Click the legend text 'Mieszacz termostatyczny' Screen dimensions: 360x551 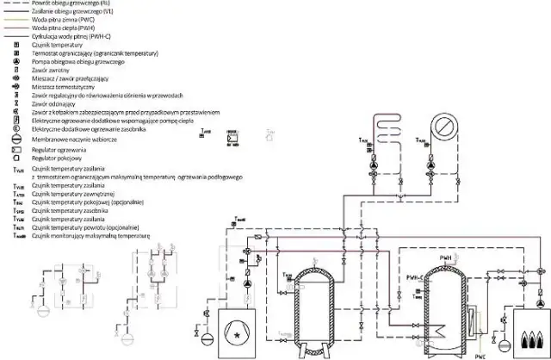[x=61, y=87]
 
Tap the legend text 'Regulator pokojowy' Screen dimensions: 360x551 [x=52, y=158]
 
